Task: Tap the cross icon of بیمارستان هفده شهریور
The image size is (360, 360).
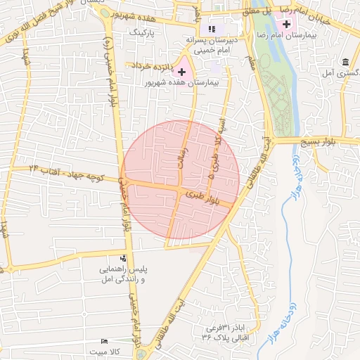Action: coord(182,72)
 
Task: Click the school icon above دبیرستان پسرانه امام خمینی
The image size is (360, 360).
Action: coord(211,29)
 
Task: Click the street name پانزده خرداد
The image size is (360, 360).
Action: coord(148,65)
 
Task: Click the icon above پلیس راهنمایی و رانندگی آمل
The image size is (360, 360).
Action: coord(124,258)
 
